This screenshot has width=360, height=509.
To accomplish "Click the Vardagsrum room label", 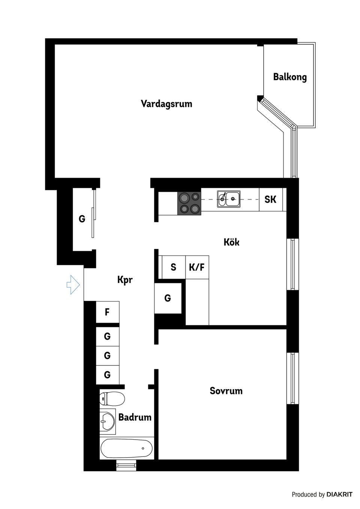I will point(166,104).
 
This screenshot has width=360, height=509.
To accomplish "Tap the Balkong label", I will point(289,77).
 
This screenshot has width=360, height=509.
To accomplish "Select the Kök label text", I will point(231,242).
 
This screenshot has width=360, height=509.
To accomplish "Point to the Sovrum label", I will point(226,391).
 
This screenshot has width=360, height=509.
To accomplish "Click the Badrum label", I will point(135,417).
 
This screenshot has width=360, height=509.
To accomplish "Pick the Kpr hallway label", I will point(125,280).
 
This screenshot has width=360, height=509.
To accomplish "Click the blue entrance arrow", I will point(73,284).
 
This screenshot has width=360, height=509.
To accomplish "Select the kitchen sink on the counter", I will point(228,199).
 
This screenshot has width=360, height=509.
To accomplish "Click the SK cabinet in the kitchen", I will point(270,199).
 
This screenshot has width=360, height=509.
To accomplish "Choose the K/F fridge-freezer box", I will point(197,267).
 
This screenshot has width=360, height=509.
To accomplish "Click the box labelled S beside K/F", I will point(173,267).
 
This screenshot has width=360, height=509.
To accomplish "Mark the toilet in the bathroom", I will point(112,399).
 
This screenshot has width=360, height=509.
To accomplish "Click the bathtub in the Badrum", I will point(127,448).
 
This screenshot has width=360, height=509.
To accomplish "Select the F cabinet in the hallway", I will point(107,312).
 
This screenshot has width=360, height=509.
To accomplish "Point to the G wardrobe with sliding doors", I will point(82,219).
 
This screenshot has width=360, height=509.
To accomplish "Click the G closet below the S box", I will point(168,298).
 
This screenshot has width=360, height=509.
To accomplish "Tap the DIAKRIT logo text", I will point(339,494).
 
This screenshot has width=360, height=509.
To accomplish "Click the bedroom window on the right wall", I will point(292,378).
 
